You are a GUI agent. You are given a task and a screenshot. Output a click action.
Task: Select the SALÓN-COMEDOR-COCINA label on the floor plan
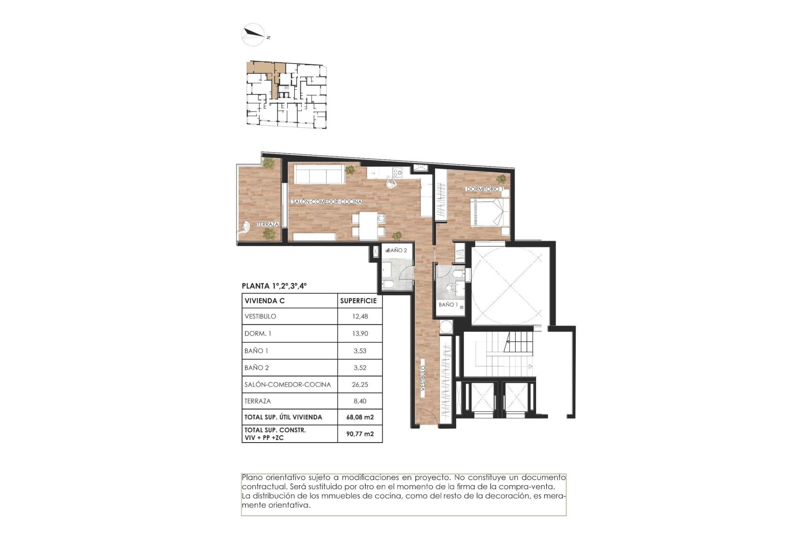(x=327, y=202)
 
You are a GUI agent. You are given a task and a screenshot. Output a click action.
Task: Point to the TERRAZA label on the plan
(x=268, y=224)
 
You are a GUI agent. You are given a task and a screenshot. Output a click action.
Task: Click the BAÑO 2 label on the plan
(x=397, y=250)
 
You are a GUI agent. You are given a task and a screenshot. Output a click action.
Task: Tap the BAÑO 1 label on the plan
(x=448, y=304)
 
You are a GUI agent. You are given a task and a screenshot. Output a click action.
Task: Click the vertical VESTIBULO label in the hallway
(x=423, y=379)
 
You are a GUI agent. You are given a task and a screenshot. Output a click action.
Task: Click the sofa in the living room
(x=319, y=174)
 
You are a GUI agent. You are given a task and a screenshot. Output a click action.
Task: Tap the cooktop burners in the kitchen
(x=397, y=172)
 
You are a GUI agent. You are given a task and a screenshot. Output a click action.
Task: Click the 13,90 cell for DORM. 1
(x=360, y=334)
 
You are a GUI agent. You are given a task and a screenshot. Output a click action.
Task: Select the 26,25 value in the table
(x=360, y=384)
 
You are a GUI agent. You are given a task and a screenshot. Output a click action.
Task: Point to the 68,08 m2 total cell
(x=360, y=417)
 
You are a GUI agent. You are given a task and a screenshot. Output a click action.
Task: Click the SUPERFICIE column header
(x=358, y=301)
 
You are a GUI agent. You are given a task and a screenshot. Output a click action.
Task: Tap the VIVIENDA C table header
(x=265, y=301)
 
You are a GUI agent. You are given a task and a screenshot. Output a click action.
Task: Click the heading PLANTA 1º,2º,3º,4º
(x=274, y=286)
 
